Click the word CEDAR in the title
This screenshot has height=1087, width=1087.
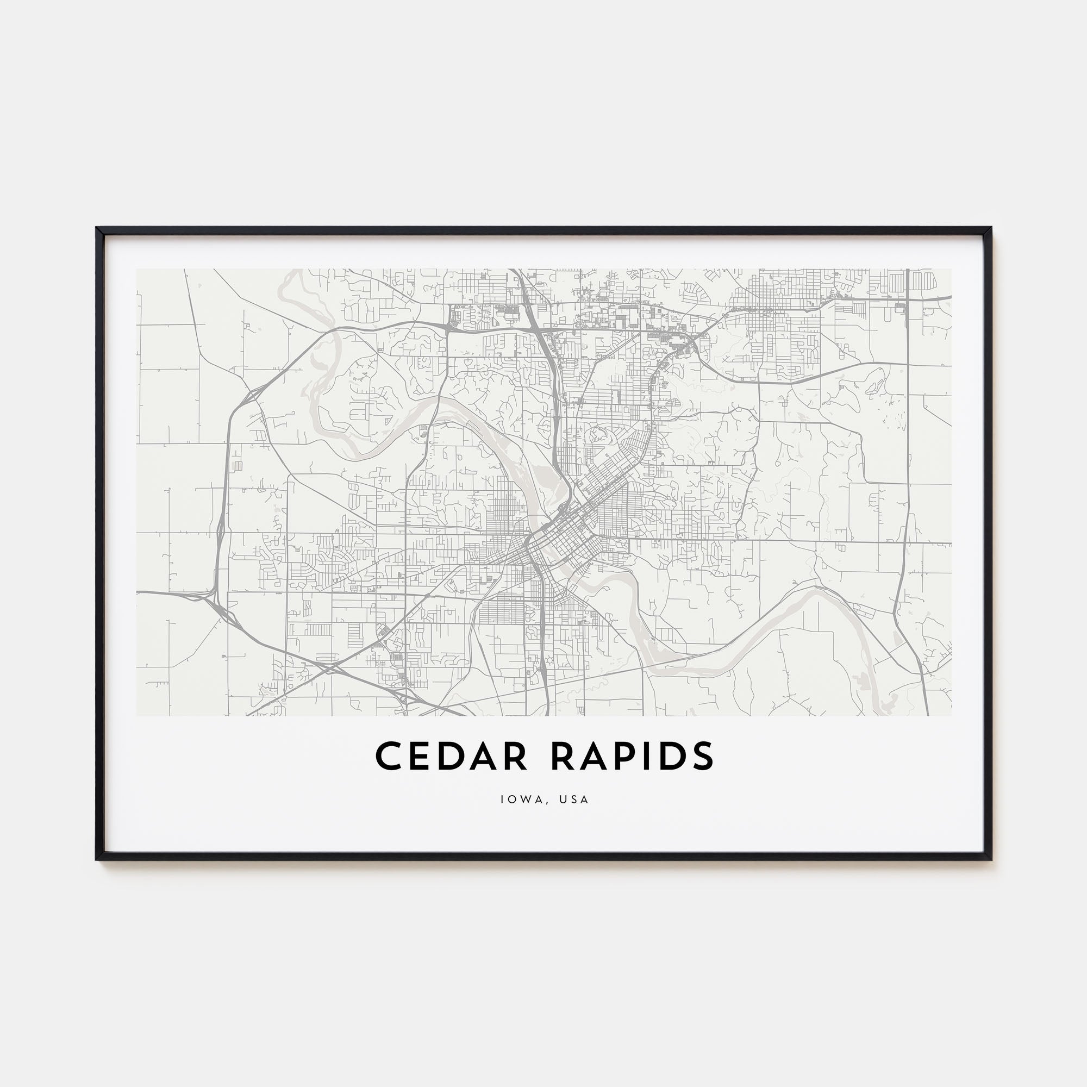(x=451, y=755)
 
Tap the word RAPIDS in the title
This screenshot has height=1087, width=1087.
(x=632, y=755)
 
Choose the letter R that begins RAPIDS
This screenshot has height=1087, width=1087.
(x=564, y=755)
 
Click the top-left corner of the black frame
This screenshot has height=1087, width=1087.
(x=97, y=228)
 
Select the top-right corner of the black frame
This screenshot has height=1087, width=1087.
(x=991, y=228)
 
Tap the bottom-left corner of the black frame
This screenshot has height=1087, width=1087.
(x=97, y=860)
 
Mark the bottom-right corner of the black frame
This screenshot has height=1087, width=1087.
(x=991, y=860)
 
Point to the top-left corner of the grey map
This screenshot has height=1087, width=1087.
(x=137, y=269)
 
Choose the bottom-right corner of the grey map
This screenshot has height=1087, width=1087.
(x=952, y=716)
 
